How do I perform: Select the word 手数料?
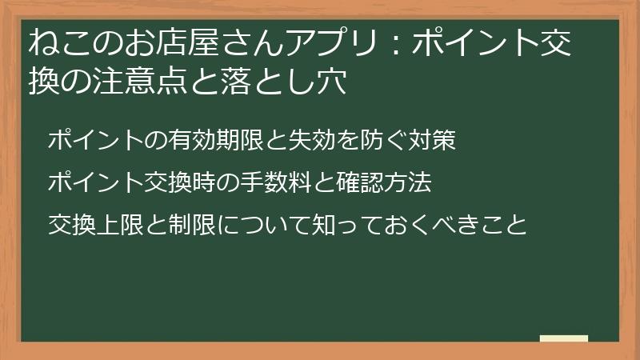tap(276, 183)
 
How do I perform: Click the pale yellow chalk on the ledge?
tap(564, 338)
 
